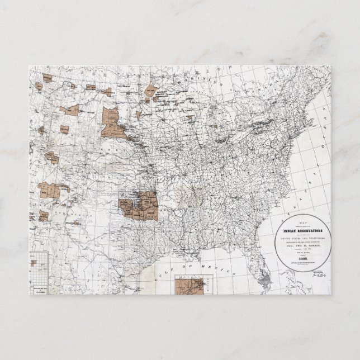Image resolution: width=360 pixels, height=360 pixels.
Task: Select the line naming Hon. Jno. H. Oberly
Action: [x=301, y=239]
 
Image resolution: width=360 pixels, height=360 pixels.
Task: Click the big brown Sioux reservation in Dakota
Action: [x=113, y=124]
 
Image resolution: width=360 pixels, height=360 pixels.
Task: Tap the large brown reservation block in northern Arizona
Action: [x=50, y=191]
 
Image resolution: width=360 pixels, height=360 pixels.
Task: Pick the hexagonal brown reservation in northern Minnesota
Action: [x=150, y=90]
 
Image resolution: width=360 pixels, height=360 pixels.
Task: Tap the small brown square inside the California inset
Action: [x=34, y=262]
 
